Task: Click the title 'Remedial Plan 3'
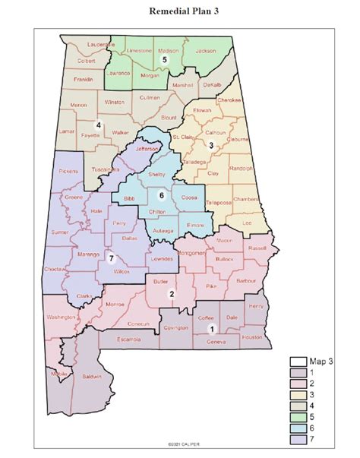180,11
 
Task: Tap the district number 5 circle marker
163,58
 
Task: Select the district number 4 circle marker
98,125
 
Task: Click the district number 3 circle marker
212,145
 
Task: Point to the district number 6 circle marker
160,195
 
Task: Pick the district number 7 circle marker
110,258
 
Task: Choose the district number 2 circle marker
172,295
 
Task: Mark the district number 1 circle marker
212,328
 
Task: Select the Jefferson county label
147,150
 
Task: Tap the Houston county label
251,336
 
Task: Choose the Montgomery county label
191,252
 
